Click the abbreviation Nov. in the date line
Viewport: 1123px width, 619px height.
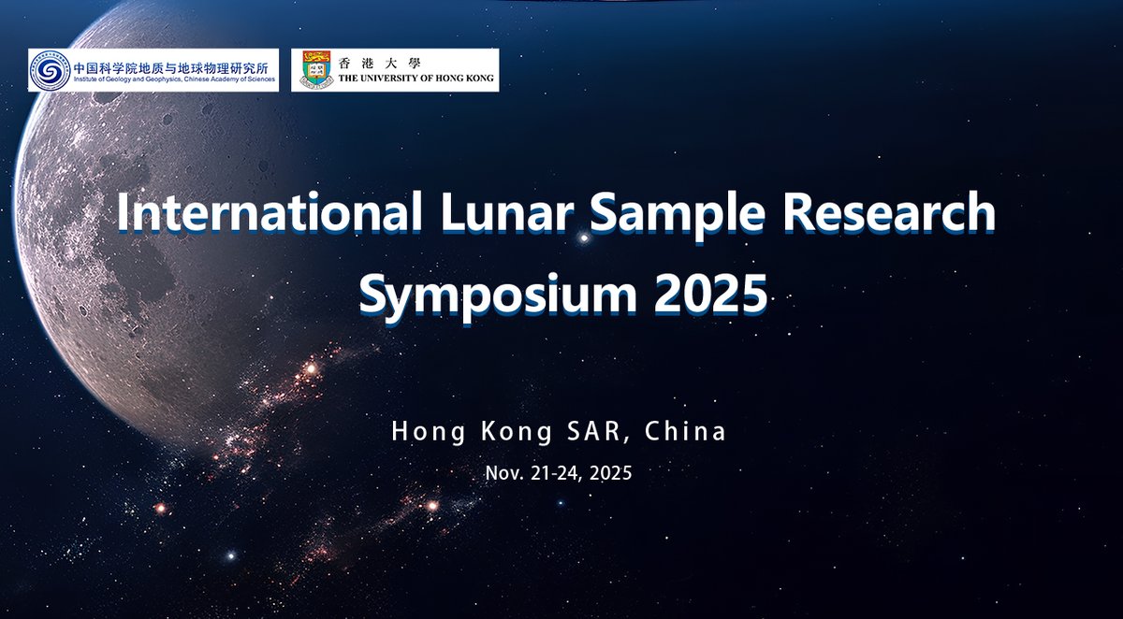point(502,473)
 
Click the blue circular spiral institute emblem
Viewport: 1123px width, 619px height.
point(50,70)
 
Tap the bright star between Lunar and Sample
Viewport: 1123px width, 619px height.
point(585,238)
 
